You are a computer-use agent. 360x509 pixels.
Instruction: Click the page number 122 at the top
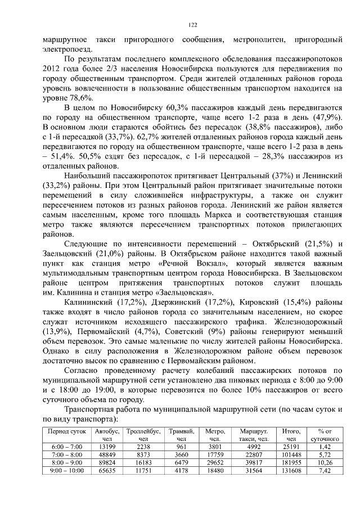192,25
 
